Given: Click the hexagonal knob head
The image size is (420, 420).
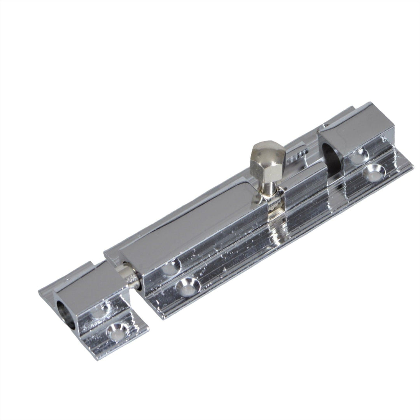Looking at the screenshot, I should coord(264,156).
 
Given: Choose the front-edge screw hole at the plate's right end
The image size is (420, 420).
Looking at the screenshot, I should coord(373,171).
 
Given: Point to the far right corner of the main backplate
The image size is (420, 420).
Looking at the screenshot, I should coord(413,165).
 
